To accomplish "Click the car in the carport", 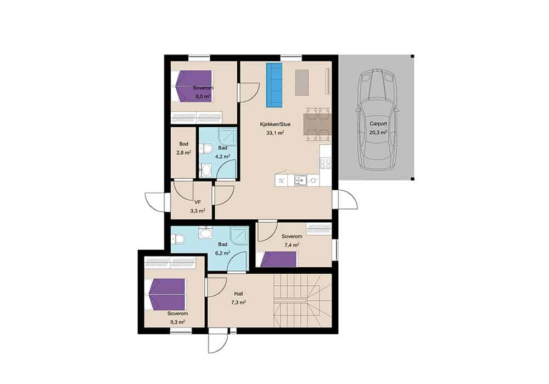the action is click(378, 120).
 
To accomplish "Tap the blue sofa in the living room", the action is click(274, 85).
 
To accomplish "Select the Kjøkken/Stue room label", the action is click(275, 124).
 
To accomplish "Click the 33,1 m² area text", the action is click(275, 133).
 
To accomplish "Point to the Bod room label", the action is click(183, 144).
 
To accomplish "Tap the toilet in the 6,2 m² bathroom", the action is click(178, 239).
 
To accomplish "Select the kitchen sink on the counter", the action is click(300, 180).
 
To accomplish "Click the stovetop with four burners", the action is click(325, 163).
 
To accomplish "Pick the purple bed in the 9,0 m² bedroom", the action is click(194, 86).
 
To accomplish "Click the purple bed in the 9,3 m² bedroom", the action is click(167, 294).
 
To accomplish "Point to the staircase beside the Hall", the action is click(302, 301).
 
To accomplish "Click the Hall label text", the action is click(238, 294).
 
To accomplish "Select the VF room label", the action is click(198, 202).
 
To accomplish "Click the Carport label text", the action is click(378, 124).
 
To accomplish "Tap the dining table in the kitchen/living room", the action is click(317, 124).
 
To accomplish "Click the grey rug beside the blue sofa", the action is click(302, 82).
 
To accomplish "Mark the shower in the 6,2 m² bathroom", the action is click(239, 236).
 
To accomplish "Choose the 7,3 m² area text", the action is click(238, 302).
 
